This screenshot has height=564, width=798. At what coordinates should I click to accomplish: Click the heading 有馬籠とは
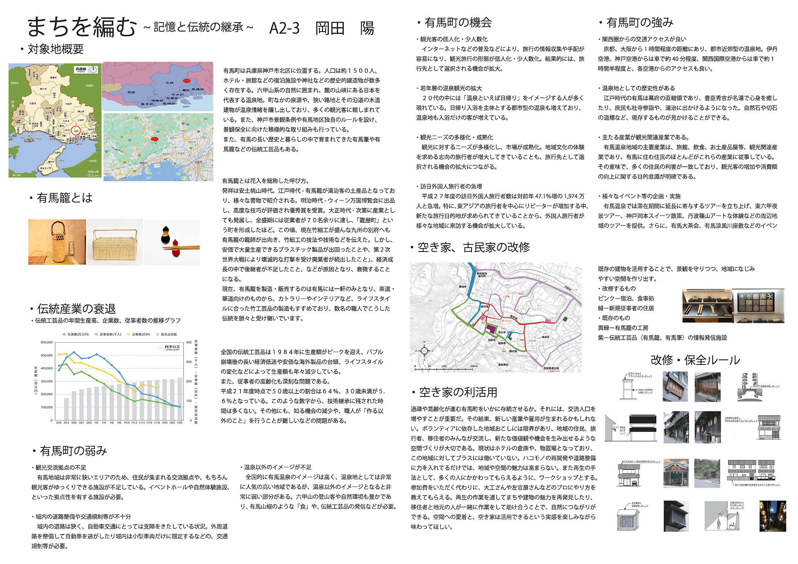[65, 198]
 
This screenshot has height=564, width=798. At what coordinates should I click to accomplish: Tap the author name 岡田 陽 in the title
[345, 28]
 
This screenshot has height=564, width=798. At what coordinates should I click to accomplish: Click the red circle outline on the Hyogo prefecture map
[75, 130]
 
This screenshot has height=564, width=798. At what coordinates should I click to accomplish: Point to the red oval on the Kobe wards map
[186, 80]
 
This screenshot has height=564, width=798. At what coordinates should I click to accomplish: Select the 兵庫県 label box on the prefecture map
[81, 69]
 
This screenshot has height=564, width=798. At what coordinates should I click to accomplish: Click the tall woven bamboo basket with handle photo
[57, 242]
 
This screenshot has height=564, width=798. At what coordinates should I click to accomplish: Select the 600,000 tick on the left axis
[47, 342]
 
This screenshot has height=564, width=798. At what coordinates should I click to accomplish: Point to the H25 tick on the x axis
[180, 423]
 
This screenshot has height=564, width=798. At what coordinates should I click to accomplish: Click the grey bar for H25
[180, 399]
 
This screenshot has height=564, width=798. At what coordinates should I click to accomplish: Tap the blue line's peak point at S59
[74, 352]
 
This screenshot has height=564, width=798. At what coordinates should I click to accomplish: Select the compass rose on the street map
[424, 351]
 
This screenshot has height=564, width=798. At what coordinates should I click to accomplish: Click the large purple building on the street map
[491, 329]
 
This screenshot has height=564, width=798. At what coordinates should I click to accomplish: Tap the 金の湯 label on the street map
[484, 306]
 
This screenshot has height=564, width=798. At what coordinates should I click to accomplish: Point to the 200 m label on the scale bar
[474, 366]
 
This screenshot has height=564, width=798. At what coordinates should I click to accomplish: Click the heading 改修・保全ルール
[695, 360]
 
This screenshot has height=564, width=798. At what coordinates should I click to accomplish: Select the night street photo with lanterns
[773, 516]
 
